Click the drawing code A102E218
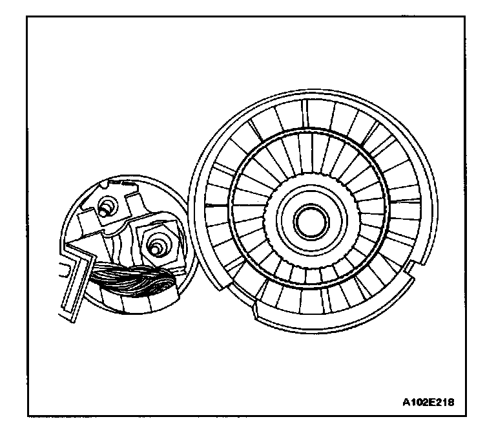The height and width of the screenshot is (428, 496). click(x=429, y=401)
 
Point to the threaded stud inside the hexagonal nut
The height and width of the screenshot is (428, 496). click(x=154, y=246)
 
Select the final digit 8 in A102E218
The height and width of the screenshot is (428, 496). click(x=451, y=401)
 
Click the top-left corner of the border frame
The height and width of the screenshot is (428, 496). click(x=28, y=16)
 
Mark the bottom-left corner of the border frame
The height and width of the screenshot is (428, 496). click(x=28, y=414)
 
